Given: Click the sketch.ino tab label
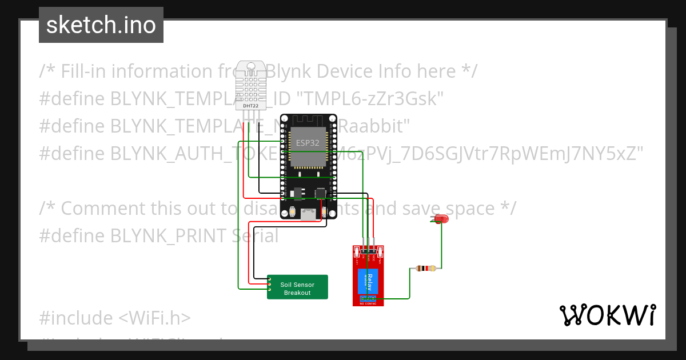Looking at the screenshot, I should coord(101,25).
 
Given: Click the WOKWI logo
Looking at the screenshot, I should coord(607,315).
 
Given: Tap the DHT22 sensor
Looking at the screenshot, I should coord(250,86).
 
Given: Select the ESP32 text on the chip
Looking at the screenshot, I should coord(308,142).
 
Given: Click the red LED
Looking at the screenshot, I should coord(440,219).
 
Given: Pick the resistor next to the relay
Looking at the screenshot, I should coord(425,268).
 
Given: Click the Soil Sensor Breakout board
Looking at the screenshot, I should coord(297,287).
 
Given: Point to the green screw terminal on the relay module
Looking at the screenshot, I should coord(369,298).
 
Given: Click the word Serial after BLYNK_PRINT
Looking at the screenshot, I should coord(256,235).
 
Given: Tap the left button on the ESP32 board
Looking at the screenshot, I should coord(293,213).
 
